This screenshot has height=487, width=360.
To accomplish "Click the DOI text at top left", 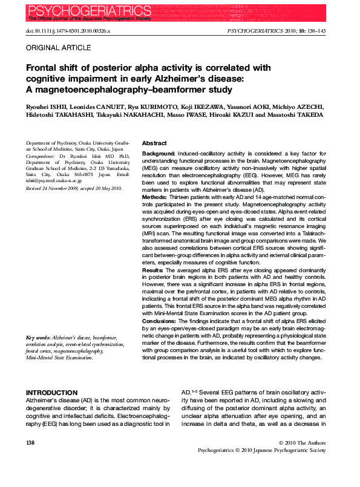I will point(68,30).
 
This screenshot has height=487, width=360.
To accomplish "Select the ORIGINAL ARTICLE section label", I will point(55,47).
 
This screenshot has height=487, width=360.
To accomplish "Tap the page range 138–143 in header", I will point(318,30).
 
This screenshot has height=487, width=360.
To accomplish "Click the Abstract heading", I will point(154,143).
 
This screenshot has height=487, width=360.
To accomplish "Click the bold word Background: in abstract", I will point(159,154).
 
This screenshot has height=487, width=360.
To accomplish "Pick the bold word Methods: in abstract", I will point(155,197).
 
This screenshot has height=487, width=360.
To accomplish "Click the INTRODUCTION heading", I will point(51,393).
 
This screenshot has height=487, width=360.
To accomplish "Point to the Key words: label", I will point(38,337).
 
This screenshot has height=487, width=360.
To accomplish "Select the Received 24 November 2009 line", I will point(74,189).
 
